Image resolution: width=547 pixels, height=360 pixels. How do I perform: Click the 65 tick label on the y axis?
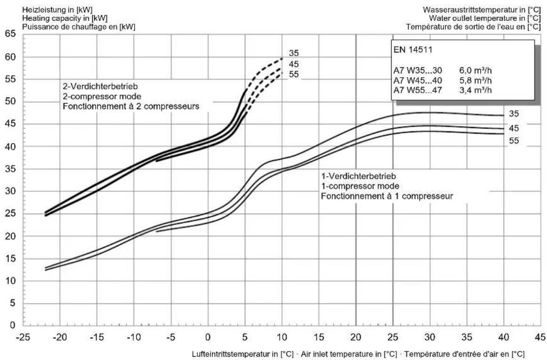[x=10, y=34]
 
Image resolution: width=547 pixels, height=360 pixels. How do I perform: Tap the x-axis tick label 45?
[x=540, y=337]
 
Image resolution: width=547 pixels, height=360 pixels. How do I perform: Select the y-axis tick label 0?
[x=13, y=325]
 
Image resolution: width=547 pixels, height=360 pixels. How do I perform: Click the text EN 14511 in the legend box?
[x=413, y=50]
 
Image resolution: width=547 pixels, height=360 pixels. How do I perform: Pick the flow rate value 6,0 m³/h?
[x=475, y=70]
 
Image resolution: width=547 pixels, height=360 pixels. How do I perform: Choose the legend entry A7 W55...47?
[x=418, y=90]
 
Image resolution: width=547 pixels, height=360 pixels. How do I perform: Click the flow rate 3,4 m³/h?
[x=475, y=90]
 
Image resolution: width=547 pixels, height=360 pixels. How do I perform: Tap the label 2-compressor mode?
[x=102, y=96]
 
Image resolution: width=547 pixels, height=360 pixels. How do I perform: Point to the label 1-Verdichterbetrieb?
[x=359, y=176]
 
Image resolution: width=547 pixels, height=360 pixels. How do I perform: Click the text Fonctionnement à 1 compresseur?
[x=387, y=196]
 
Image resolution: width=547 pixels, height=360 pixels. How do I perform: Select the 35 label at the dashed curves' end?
[x=294, y=53]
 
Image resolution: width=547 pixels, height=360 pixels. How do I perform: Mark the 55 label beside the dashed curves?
[x=294, y=74]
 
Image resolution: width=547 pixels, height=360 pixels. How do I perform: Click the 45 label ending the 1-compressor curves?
[x=514, y=128]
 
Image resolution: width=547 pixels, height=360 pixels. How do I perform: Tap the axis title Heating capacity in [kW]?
[x=64, y=18]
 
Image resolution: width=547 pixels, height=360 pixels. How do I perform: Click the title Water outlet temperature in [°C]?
[x=484, y=18]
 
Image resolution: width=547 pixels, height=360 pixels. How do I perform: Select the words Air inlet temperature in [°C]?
[x=349, y=354]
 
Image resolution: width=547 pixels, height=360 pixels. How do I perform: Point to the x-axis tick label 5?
[x=245, y=337]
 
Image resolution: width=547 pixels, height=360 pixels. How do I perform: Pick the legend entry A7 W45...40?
[x=418, y=80]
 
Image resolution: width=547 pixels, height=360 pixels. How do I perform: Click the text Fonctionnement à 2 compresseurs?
[x=131, y=106]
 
